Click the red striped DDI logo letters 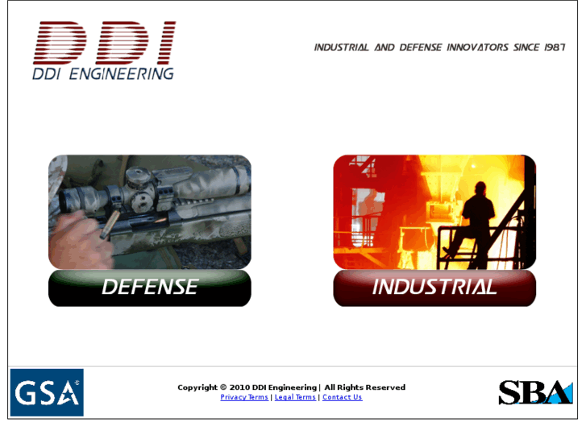pos(104,43)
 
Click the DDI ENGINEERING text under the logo pos(102,73)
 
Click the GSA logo pos(47,392)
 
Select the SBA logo pos(535,392)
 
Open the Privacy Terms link pos(244,397)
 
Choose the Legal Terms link pos(295,397)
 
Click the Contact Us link pos(342,397)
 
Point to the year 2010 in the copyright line pos(240,387)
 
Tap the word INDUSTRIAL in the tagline pos(341,48)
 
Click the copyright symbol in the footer pos(222,387)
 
